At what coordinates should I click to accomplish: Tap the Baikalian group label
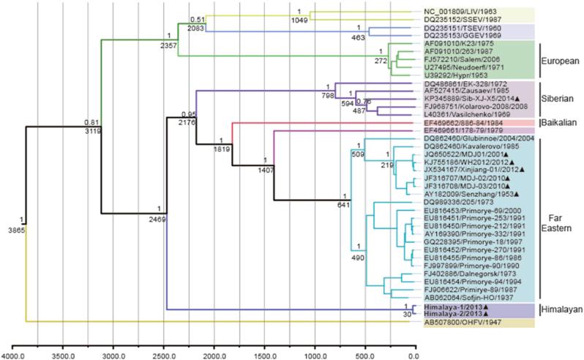(561, 122)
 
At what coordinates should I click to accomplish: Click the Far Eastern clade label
(560, 222)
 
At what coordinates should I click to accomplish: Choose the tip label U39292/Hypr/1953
(455, 75)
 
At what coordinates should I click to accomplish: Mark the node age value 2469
(160, 220)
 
